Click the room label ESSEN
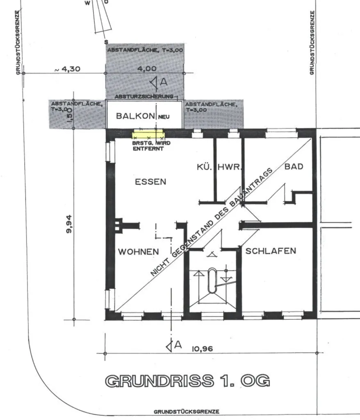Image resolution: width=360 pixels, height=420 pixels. tap(150, 182)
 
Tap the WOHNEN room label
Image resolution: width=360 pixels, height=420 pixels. tap(139, 252)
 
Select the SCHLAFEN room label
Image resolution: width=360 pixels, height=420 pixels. tap(271, 251)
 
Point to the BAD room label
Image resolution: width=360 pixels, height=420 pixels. tap(294, 167)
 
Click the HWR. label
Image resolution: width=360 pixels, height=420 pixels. tap(230, 167)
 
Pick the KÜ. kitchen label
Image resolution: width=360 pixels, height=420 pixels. tap(204, 167)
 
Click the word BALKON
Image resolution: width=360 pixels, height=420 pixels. tap(136, 116)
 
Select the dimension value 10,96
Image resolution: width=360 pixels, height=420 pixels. tap(203, 349)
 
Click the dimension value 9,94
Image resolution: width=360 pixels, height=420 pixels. tap(69, 224)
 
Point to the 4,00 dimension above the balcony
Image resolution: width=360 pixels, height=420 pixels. tap(147, 68)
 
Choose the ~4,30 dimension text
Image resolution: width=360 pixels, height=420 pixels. tap(67, 69)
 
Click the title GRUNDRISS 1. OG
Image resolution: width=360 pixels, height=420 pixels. tap(187, 381)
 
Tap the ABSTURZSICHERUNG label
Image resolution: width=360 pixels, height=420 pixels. tap(144, 96)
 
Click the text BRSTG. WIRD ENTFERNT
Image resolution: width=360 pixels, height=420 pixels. tap(151, 146)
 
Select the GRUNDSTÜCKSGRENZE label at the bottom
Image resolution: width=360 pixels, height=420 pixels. tap(187, 411)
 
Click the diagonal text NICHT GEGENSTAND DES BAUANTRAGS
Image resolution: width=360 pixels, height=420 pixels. tap(212, 222)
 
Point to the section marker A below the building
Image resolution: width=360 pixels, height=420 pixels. tap(174, 345)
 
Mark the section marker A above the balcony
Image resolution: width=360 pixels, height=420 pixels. tap(159, 82)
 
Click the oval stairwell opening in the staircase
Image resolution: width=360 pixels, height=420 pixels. tap(212, 281)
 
